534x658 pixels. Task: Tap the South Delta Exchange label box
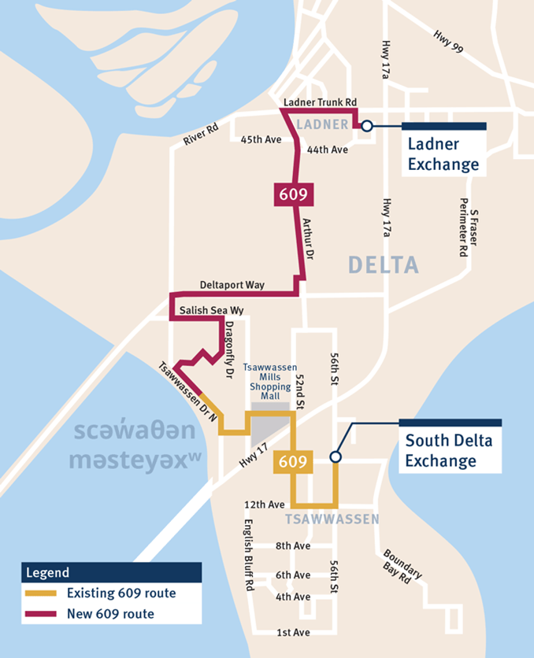(x=451, y=451)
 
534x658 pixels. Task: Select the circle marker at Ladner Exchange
(x=366, y=125)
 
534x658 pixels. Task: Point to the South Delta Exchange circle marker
(x=336, y=457)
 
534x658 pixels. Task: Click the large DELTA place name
(x=385, y=266)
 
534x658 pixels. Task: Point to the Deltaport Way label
(x=232, y=285)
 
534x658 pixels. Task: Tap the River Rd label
(x=201, y=135)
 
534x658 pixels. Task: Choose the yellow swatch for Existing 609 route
(x=43, y=593)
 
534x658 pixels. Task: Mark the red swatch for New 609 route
(x=43, y=614)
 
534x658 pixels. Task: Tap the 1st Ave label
(x=293, y=633)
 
